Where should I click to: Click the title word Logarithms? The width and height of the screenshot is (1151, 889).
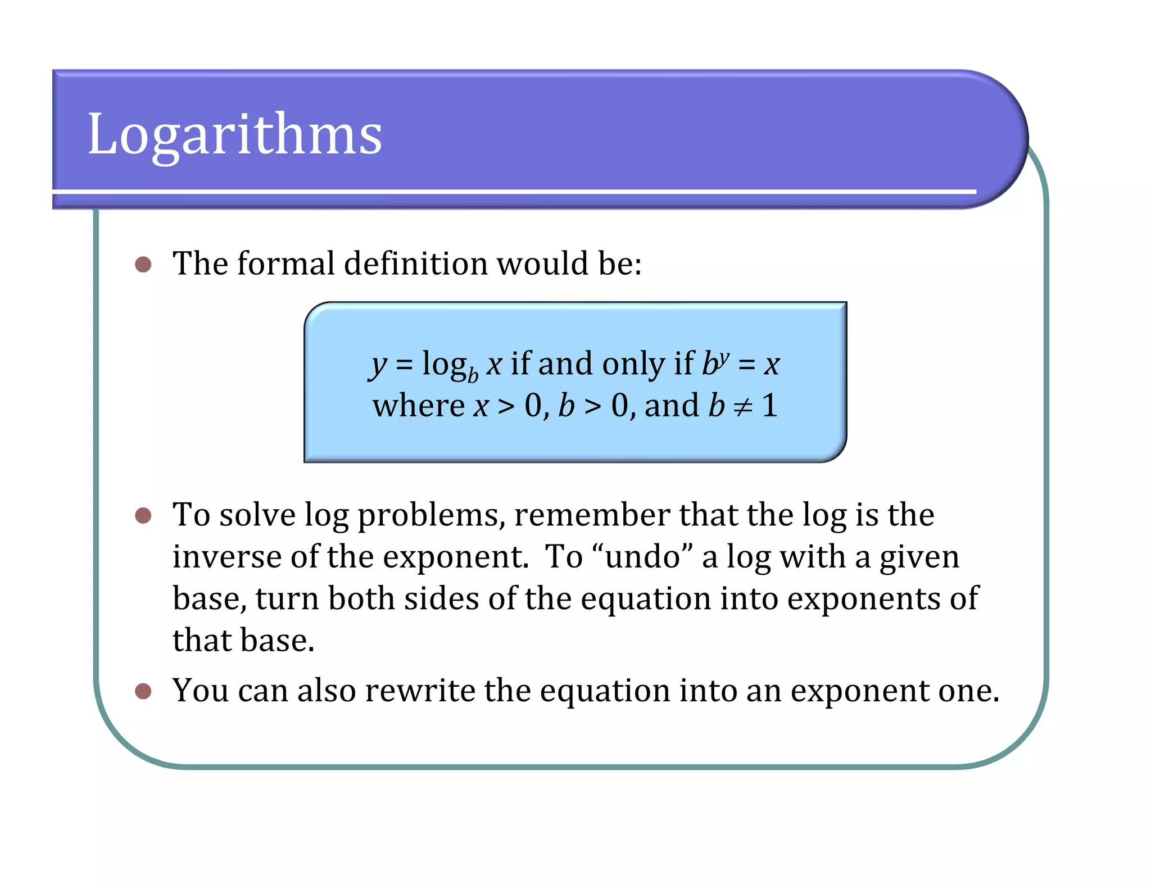pyautogui.click(x=235, y=135)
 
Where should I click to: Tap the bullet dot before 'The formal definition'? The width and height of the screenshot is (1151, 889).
pyautogui.click(x=143, y=264)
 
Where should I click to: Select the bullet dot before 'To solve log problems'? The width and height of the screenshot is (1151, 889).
pyautogui.click(x=143, y=515)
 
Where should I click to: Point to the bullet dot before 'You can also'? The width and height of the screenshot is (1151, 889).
pyautogui.click(x=143, y=691)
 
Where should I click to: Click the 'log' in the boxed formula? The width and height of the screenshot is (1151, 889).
pyautogui.click(x=444, y=364)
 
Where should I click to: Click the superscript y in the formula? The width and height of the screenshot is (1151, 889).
pyautogui.click(x=724, y=357)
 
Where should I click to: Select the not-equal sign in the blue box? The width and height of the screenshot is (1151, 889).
pyautogui.click(x=743, y=406)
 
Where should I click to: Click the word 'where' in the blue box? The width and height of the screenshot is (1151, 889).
pyautogui.click(x=418, y=406)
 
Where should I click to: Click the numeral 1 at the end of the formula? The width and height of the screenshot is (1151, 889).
pyautogui.click(x=770, y=405)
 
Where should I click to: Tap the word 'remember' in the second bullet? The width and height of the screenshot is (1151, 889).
pyautogui.click(x=592, y=515)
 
